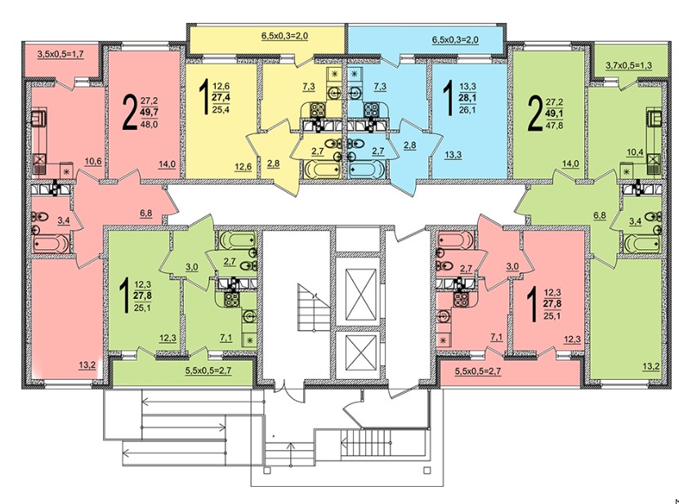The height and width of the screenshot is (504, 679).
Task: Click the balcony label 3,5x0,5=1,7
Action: coord(60,54)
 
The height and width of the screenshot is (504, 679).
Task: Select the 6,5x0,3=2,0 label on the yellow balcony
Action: coord(284,36)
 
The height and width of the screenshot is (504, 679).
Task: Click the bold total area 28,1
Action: coord(467,98)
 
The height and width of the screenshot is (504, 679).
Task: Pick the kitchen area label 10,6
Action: coord(93,162)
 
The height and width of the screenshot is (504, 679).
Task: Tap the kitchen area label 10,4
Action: coord(635,152)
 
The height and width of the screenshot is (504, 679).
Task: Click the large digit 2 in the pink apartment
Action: coord(130,113)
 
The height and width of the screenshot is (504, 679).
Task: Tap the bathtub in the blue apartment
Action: coord(365,170)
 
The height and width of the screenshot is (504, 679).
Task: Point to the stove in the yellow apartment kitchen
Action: coord(317,108)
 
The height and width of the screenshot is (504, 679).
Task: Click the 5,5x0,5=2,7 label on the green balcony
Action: coord(208,371)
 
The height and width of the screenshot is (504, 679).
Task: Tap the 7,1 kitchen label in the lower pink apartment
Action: coord(496,337)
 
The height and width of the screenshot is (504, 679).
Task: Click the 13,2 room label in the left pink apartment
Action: coord(87,365)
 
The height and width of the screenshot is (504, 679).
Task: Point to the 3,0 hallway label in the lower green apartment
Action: coord(192,267)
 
